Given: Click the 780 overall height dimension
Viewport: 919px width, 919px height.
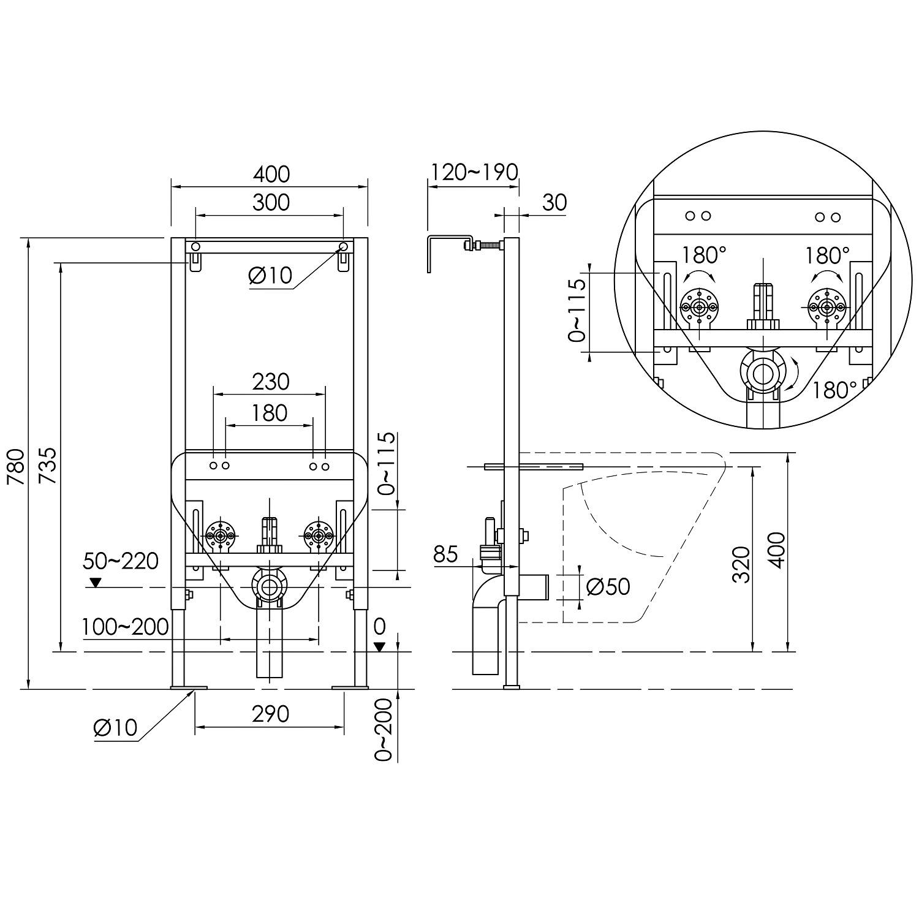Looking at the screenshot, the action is (x=16, y=466).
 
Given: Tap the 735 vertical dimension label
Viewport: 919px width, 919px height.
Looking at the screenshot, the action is (x=48, y=466).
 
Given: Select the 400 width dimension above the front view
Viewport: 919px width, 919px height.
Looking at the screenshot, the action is (x=271, y=174).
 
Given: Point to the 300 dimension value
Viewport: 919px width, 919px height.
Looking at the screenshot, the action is (x=271, y=202).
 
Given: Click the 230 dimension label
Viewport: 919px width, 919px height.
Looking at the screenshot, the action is (x=270, y=382).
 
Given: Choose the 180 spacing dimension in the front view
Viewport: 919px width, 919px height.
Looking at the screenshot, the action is (x=270, y=413).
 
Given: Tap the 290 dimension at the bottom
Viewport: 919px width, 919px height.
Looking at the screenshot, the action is (x=270, y=714).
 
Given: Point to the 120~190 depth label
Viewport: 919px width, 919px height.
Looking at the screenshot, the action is (x=473, y=172).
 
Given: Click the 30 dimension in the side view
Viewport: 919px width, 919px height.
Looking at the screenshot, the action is (x=554, y=202).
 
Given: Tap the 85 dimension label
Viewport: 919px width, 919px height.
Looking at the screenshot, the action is (x=445, y=554).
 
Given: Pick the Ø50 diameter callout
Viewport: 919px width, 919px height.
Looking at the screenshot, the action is (x=608, y=586).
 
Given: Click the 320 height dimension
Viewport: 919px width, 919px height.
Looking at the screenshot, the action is (x=742, y=565).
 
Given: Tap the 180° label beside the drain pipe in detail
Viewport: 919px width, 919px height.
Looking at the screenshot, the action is (x=835, y=389).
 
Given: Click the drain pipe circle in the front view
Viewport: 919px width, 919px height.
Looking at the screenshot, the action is (x=269, y=587).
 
